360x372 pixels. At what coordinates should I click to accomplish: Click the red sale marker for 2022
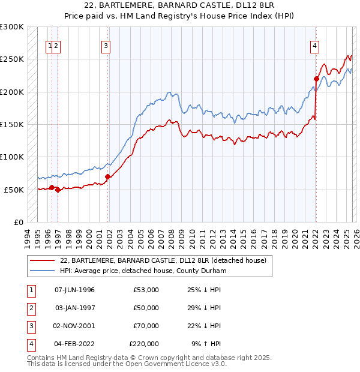[316, 79]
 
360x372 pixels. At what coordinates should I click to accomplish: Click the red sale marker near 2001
[108, 176]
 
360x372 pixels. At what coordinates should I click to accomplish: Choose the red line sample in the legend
[42, 260]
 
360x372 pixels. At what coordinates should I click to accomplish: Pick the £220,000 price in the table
[144, 344]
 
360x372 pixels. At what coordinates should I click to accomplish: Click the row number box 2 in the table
[30, 308]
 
